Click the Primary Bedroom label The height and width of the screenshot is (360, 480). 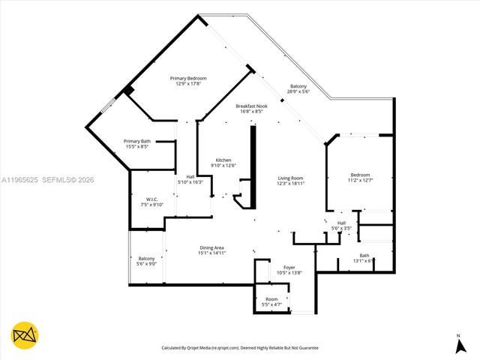[187, 81]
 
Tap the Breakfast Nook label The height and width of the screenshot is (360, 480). [251, 109]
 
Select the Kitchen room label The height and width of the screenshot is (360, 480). [223, 163]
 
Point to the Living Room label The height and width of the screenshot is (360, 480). [289, 180]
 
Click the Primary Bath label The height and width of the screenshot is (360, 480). [137, 144]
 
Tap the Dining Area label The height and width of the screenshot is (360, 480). [212, 250]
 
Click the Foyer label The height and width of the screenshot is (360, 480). [289, 270]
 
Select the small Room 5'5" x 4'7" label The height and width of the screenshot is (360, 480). [271, 301]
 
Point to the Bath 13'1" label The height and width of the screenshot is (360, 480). [364, 258]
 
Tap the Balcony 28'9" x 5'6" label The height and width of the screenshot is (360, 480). [298, 89]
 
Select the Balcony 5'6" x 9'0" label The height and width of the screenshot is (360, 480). [146, 261]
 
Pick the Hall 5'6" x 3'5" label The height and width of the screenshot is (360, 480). [341, 225]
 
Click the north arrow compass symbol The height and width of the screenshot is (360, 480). [458, 344]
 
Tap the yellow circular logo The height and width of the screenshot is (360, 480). [25, 335]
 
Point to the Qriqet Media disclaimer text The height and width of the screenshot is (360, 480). [241, 348]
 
